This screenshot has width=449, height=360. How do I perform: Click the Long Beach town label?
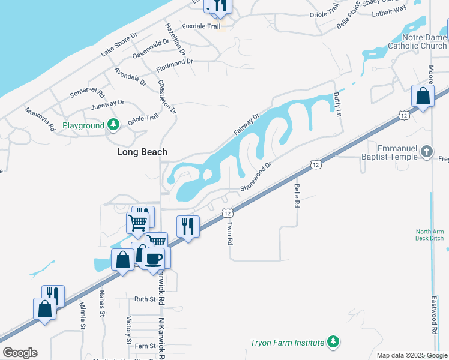(x=142, y=152)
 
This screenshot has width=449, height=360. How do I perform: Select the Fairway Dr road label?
(x=246, y=124)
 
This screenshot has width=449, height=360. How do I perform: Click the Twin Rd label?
(x=229, y=233)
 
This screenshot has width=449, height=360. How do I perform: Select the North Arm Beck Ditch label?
(x=430, y=235)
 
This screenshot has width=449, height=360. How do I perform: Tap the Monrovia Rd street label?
(x=40, y=119)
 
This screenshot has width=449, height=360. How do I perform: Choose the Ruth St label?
(x=145, y=299)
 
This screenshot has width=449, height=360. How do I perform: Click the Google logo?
(x=20, y=353)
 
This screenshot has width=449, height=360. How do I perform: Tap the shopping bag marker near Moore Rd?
(x=423, y=96)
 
